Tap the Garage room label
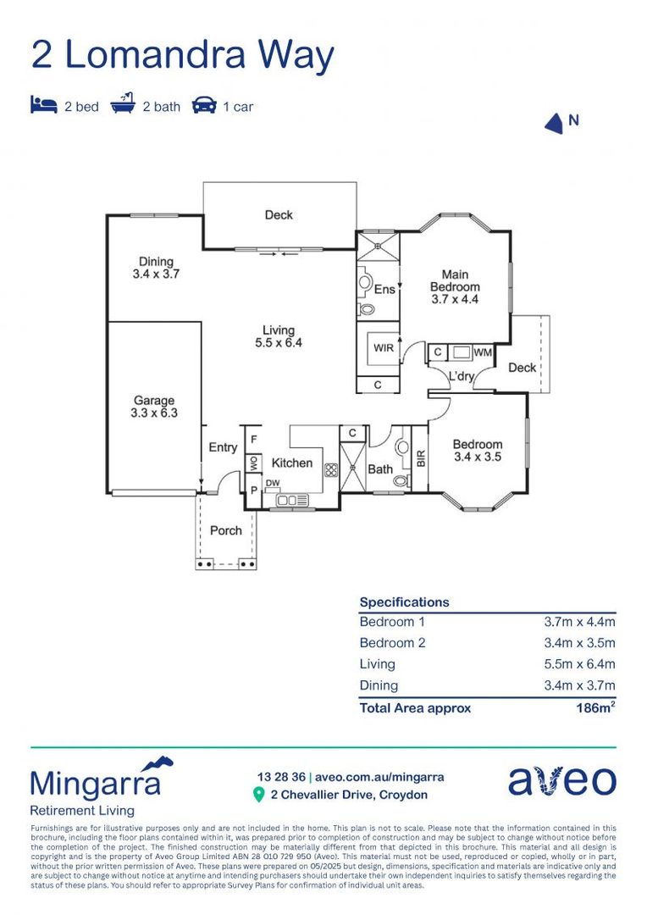click(x=154, y=401)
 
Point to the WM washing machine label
click(x=482, y=352)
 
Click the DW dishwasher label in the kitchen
click(x=273, y=484)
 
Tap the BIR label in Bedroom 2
click(x=419, y=459)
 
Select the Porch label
click(x=225, y=530)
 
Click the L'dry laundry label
click(x=461, y=376)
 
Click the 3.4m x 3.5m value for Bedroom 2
click(x=579, y=643)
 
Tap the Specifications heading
click(x=404, y=602)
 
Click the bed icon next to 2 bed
click(x=44, y=106)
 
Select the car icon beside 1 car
click(x=204, y=106)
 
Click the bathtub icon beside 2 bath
click(x=124, y=105)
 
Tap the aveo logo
click(x=561, y=781)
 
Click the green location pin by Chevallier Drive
click(x=259, y=795)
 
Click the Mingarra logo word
click(x=95, y=783)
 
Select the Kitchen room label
click(x=291, y=463)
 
